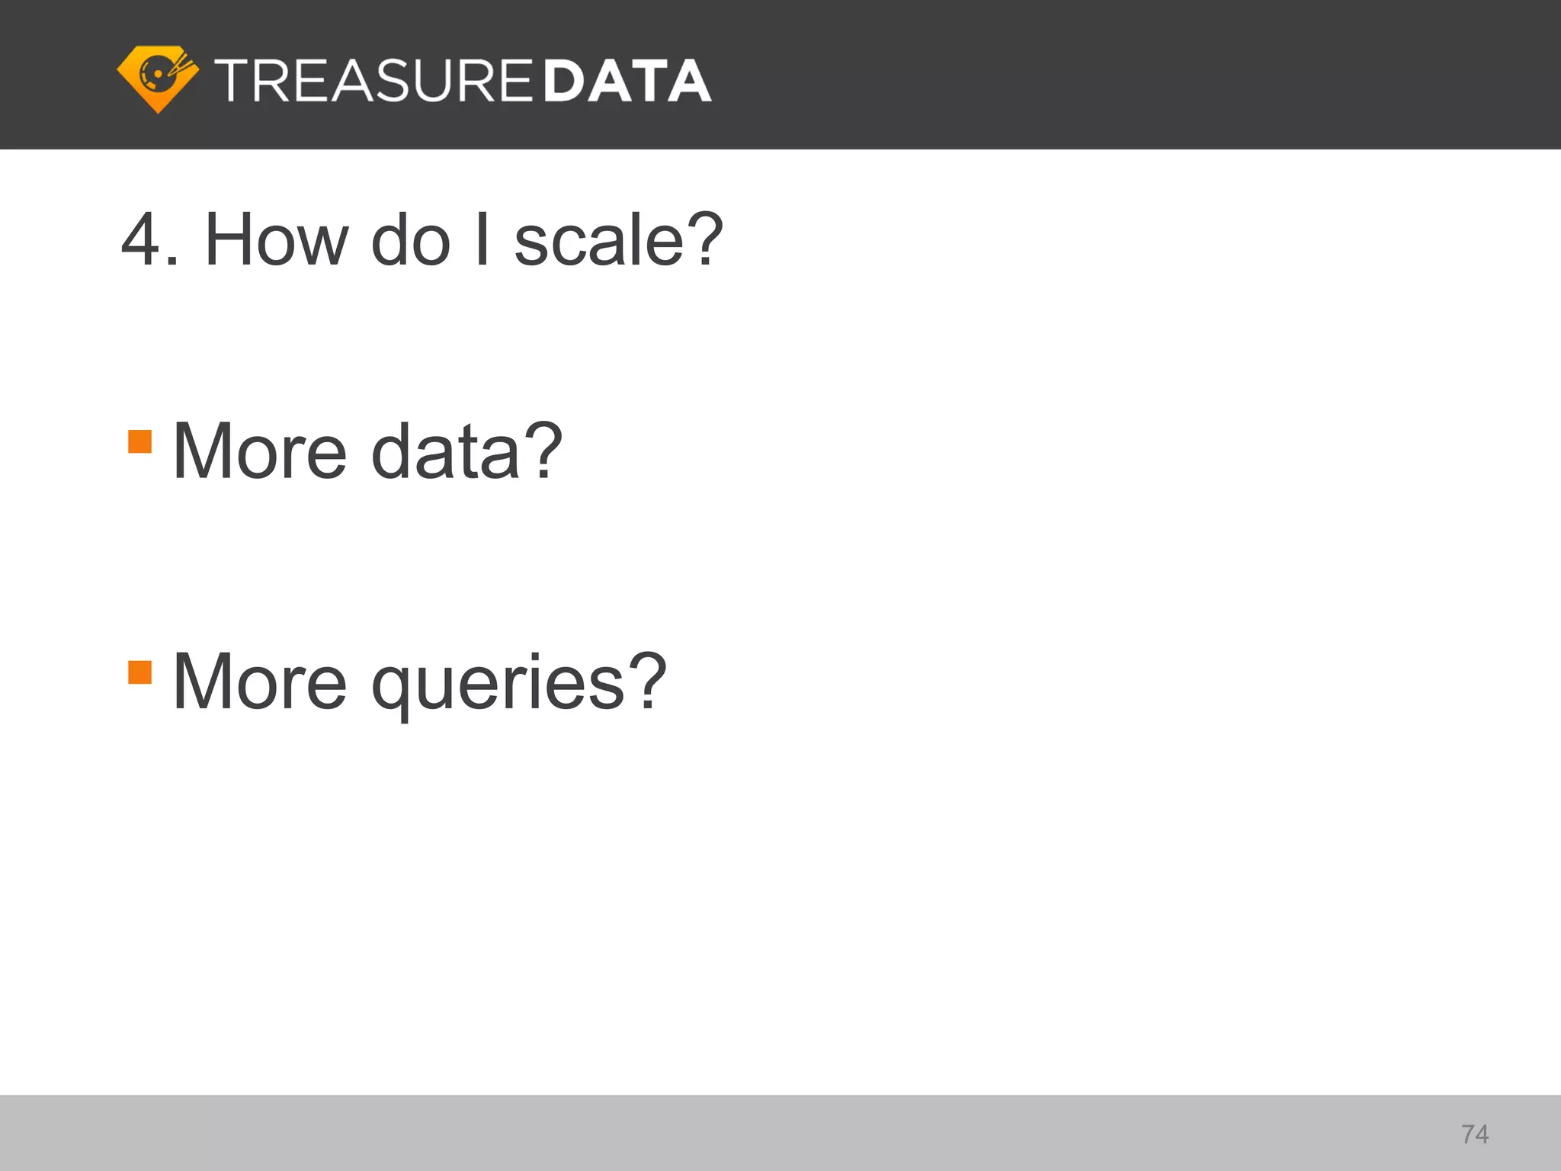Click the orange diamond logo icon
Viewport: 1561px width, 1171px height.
click(158, 79)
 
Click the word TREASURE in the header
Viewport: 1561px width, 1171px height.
click(373, 81)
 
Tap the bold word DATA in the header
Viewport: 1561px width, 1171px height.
click(628, 81)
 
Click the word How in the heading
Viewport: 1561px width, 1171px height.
click(276, 240)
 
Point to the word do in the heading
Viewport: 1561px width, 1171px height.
click(411, 240)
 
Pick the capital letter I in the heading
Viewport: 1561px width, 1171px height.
click(482, 240)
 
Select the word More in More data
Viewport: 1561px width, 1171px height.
click(260, 451)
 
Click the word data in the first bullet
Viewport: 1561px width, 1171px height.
click(446, 451)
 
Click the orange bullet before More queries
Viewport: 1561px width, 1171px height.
click(140, 672)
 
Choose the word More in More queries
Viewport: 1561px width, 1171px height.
click(260, 682)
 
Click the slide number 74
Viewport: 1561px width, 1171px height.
click(1475, 1134)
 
